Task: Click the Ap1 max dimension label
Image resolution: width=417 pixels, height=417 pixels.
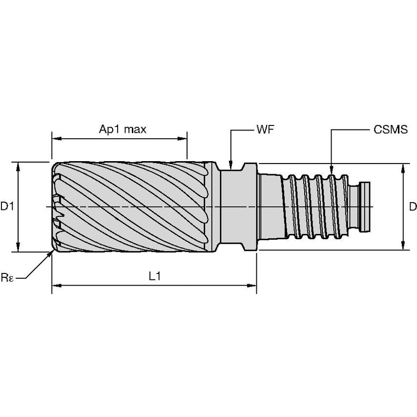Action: coord(123,129)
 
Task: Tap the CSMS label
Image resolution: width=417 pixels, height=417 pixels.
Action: coord(390,130)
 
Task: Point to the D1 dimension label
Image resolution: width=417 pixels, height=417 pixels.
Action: coord(7,207)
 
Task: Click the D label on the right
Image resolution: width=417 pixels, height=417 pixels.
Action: coord(413,207)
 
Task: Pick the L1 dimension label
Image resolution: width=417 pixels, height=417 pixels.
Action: coord(154,276)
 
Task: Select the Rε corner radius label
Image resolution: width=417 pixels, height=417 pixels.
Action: coord(7,278)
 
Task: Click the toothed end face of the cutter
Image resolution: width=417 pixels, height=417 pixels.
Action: coord(58,207)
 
